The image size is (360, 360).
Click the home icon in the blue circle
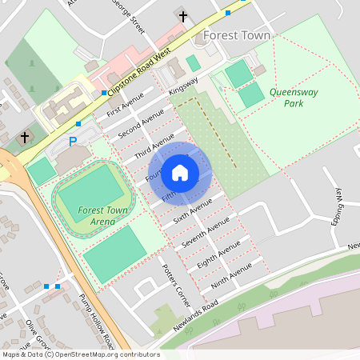[180, 172]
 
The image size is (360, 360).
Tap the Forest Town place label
[237, 36]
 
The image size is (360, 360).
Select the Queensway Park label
[294, 98]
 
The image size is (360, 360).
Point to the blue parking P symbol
[73, 142]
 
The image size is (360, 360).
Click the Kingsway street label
[183, 86]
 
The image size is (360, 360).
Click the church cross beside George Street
[183, 16]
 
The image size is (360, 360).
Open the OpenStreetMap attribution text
[80, 354]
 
